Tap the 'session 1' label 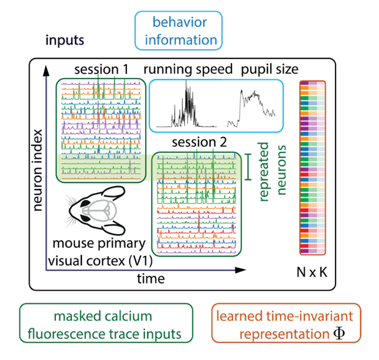101,69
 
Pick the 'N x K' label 313,271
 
